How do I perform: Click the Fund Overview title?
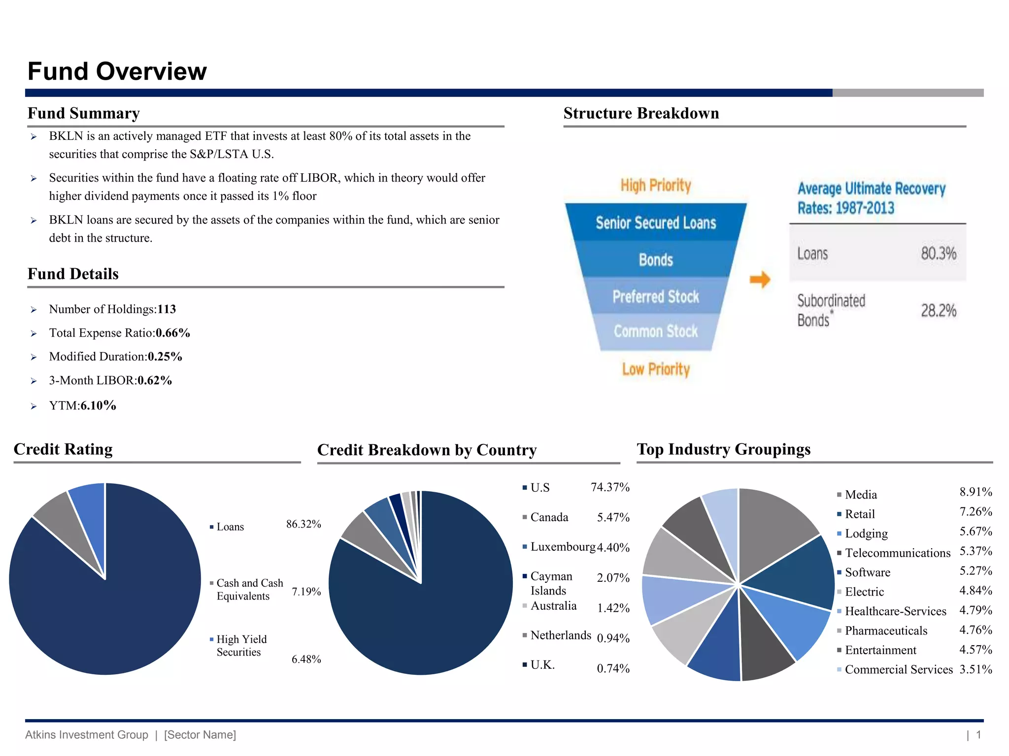(x=117, y=71)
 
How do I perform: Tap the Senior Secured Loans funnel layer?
(x=656, y=223)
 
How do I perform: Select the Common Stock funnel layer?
(x=656, y=331)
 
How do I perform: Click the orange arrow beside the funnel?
(x=760, y=280)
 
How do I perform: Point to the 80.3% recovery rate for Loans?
(x=939, y=253)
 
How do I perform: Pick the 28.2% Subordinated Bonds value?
(x=939, y=311)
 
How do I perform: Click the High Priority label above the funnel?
(x=656, y=186)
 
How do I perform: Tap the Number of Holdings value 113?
(x=167, y=309)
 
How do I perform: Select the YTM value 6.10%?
(x=99, y=406)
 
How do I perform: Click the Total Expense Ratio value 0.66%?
(x=173, y=333)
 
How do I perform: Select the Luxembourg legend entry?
(x=563, y=547)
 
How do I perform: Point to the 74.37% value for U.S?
(x=610, y=487)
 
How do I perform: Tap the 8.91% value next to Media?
(x=975, y=492)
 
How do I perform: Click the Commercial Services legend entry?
(x=899, y=669)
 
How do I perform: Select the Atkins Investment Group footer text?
(x=87, y=735)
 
